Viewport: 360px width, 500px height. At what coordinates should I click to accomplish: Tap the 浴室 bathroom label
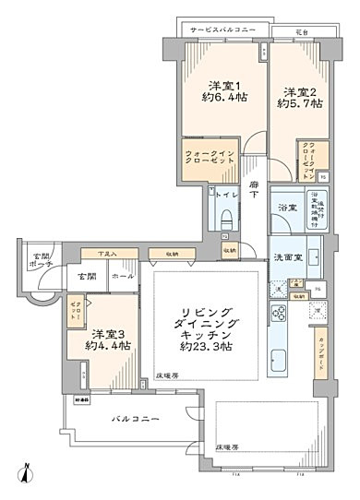point(286,208)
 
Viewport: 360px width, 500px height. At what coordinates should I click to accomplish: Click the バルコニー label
point(137,419)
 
